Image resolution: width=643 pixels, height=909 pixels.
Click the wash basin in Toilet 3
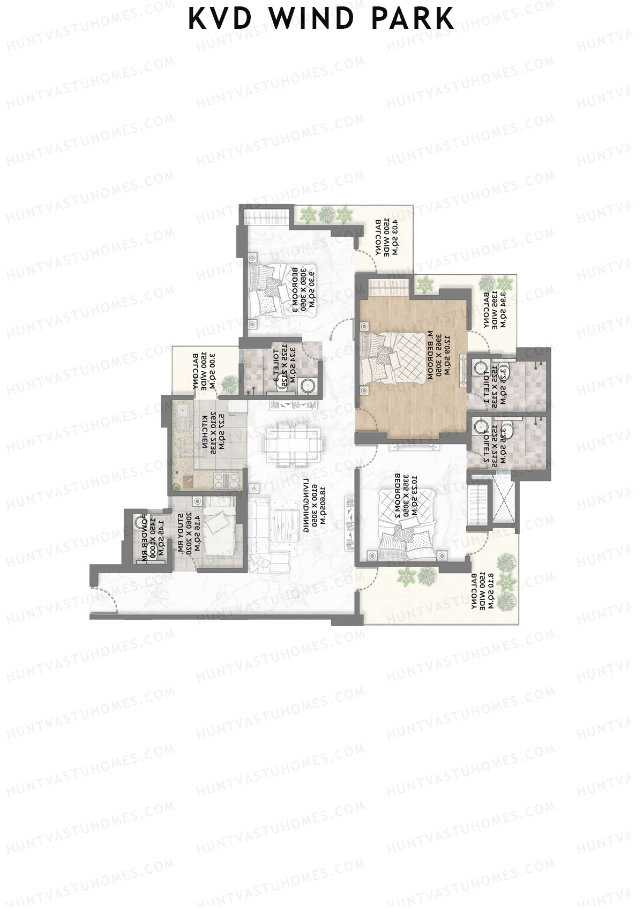point(308,385)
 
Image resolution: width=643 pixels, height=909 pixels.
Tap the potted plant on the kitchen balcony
point(230,384)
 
